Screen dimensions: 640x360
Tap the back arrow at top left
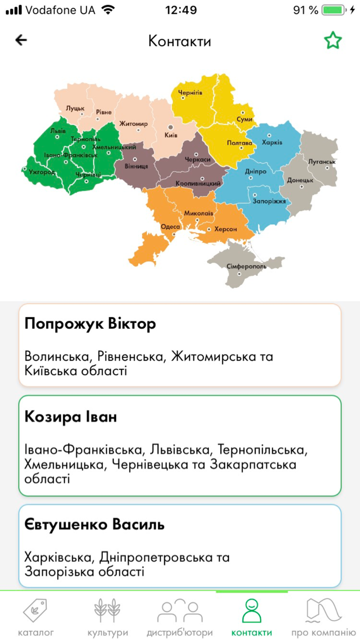coord(21,40)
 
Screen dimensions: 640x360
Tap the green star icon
coord(333,41)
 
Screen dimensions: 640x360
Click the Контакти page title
coord(179,41)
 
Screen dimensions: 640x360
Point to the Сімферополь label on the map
coord(246,267)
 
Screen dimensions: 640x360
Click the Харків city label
coord(272,142)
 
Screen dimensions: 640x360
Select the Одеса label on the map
coord(170,227)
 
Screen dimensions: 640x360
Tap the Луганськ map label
coord(322,162)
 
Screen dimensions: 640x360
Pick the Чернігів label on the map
coord(190,93)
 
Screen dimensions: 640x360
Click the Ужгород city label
coord(42,172)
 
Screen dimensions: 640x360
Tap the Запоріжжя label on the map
coord(268,201)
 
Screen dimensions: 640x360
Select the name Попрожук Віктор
coord(90,325)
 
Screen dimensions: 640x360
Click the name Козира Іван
coord(70,417)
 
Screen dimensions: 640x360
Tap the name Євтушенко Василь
coord(95,525)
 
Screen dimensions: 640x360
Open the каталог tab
coord(35,617)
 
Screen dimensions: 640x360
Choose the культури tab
coord(107,617)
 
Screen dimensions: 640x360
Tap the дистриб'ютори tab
coord(179,617)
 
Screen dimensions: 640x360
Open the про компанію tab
coord(323,617)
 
